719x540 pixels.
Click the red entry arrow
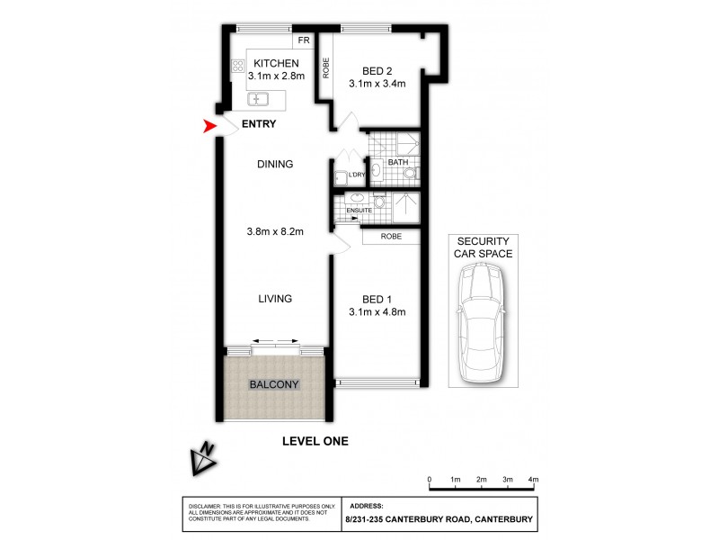click(x=211, y=129)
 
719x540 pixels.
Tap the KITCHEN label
click(x=276, y=63)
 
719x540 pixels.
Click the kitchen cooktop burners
click(x=238, y=65)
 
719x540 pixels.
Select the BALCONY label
click(x=273, y=384)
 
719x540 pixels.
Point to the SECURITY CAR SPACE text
click(x=484, y=247)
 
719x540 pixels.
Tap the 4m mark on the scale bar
click(x=533, y=481)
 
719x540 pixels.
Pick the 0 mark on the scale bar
click(x=430, y=481)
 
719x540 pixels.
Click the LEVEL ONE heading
click(x=315, y=441)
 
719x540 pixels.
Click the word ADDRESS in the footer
click(x=364, y=506)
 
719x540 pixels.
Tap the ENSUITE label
click(x=347, y=211)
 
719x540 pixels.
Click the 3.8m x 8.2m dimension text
click(x=275, y=231)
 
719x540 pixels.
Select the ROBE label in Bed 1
click(x=391, y=236)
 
